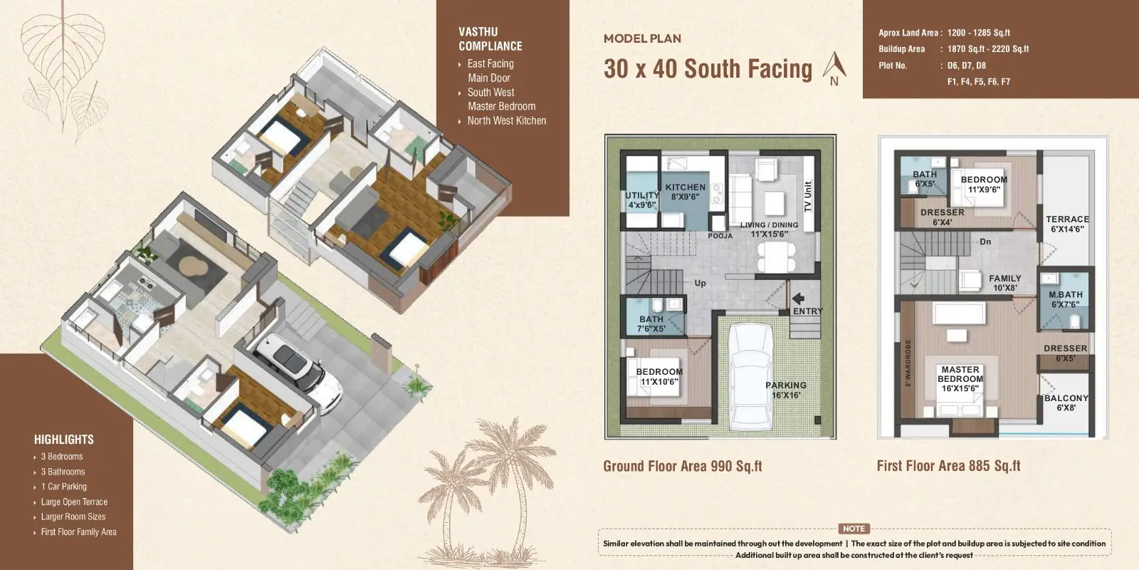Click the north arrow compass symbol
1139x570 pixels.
pos(834,68)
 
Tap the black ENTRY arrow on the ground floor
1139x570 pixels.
pos(798,299)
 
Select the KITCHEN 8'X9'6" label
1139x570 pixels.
pos(685,192)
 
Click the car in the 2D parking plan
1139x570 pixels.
pos(750,376)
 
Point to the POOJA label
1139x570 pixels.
pos(720,236)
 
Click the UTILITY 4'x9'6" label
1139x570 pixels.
pos(642,200)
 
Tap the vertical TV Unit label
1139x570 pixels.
pos(808,197)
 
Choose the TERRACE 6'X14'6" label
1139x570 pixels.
pos(1067,224)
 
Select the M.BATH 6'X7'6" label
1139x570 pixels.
pos(1065,299)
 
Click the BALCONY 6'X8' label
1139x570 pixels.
pos(1066,403)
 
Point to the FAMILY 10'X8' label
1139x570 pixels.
pos(1004,283)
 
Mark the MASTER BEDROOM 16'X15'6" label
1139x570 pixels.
pos(960,378)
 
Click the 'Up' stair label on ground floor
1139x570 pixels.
pos(700,283)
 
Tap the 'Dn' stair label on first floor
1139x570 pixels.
pos(985,242)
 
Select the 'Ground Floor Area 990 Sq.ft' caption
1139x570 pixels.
pos(683,466)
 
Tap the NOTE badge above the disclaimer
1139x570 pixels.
pos(854,529)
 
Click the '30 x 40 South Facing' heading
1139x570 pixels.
pos(708,68)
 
